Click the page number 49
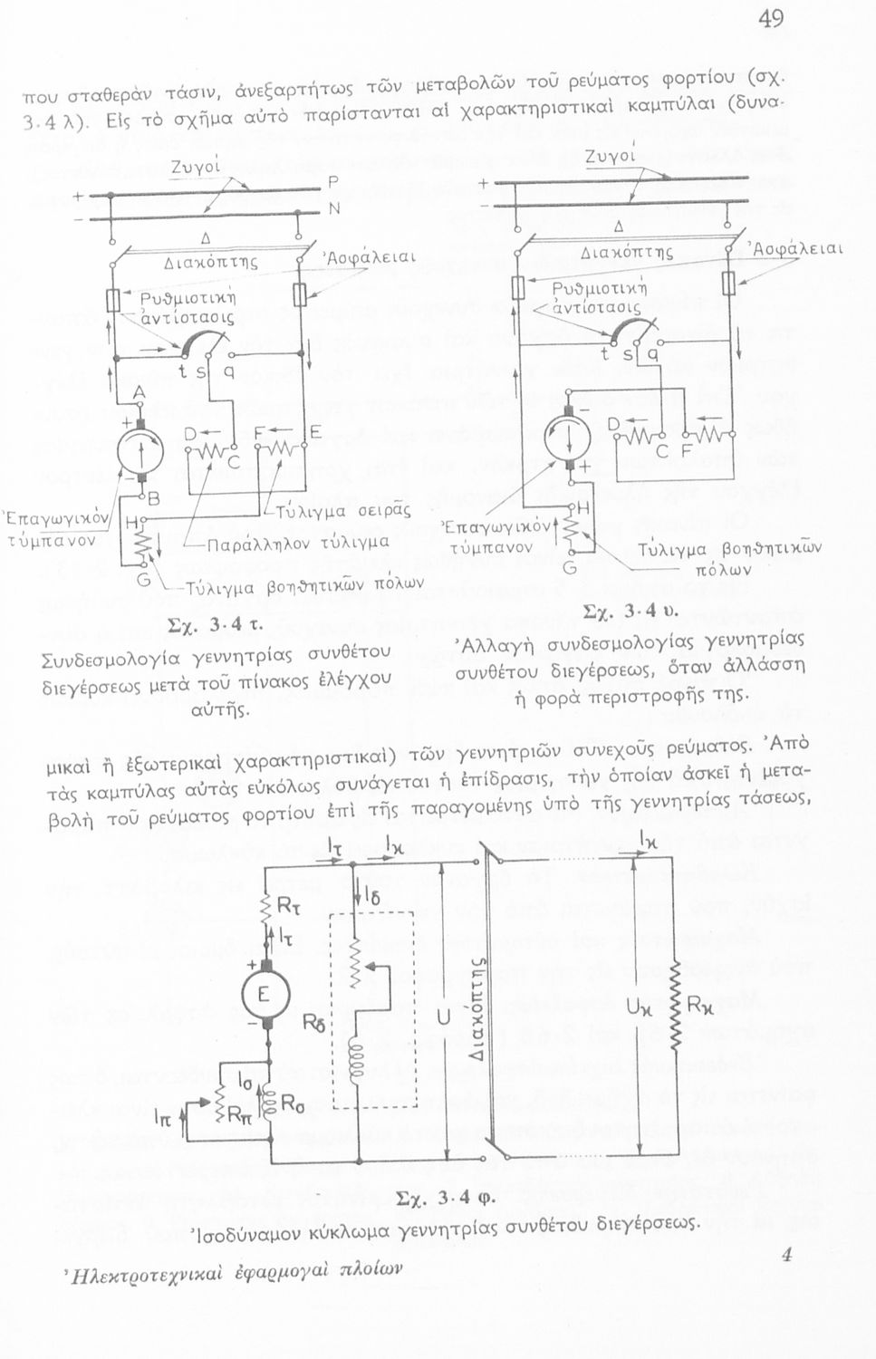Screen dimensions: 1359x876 [772, 19]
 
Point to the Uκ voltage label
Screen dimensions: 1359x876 [638, 1006]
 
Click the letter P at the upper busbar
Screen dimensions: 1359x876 [332, 181]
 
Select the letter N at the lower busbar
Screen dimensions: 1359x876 [333, 208]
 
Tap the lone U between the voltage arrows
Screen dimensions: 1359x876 [442, 1019]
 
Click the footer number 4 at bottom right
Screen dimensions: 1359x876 [785, 1255]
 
